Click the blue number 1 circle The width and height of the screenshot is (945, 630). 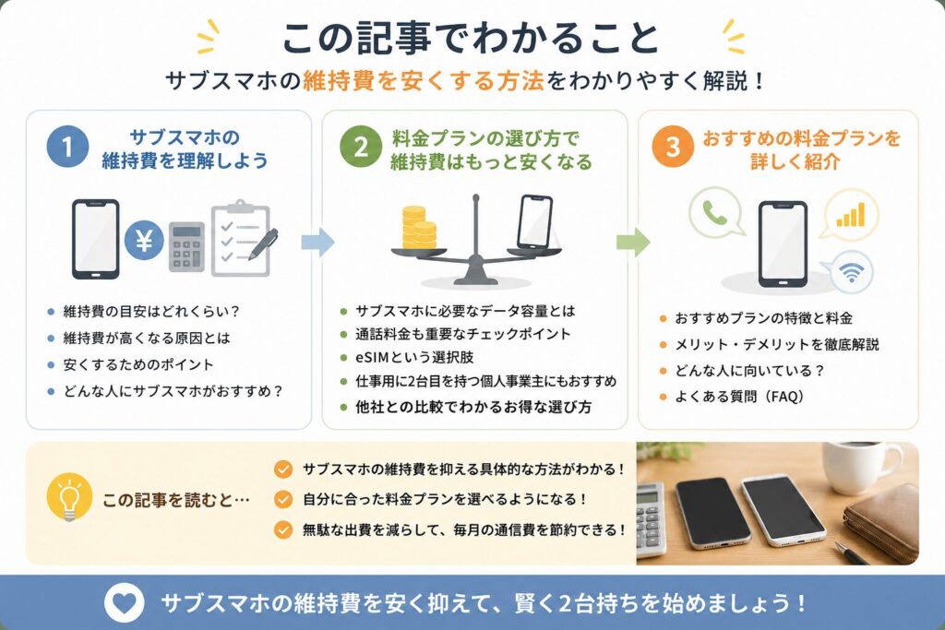(67, 147)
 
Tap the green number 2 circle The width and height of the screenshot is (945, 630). (361, 147)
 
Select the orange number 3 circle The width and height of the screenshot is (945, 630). (673, 147)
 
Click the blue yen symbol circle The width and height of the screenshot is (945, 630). (144, 241)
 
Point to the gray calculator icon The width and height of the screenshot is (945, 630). (186, 247)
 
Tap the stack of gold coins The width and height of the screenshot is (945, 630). (419, 227)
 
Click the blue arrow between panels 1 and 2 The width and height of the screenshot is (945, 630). (317, 242)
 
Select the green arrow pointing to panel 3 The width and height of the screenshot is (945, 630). (633, 242)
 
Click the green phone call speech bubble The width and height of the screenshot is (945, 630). (715, 212)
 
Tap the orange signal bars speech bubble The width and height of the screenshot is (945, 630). (851, 214)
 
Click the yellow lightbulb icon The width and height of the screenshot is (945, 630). (69, 497)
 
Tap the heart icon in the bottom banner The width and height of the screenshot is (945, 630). (124, 603)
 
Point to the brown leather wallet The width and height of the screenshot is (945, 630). (883, 521)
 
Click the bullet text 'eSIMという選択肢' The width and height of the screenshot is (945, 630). (414, 357)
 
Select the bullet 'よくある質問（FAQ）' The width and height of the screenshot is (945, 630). (739, 397)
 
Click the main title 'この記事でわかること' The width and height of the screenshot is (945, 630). (471, 37)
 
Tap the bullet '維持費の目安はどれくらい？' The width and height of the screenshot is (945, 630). (152, 312)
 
